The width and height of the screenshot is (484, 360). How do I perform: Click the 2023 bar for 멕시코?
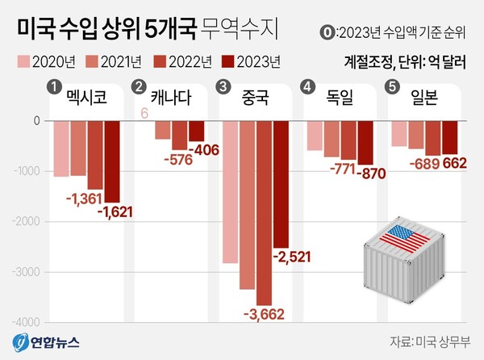click(111, 161)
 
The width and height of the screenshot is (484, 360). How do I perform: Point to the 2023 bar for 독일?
click(365, 143)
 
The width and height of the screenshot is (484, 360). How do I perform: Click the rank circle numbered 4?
click(307, 86)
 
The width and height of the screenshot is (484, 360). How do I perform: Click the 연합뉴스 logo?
click(48, 342)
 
